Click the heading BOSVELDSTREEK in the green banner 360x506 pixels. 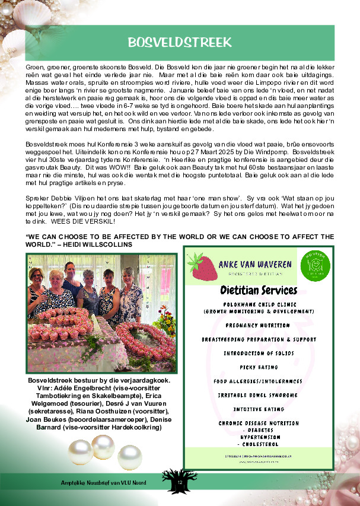click(x=179, y=42)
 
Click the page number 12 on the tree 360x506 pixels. click(x=180, y=485)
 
